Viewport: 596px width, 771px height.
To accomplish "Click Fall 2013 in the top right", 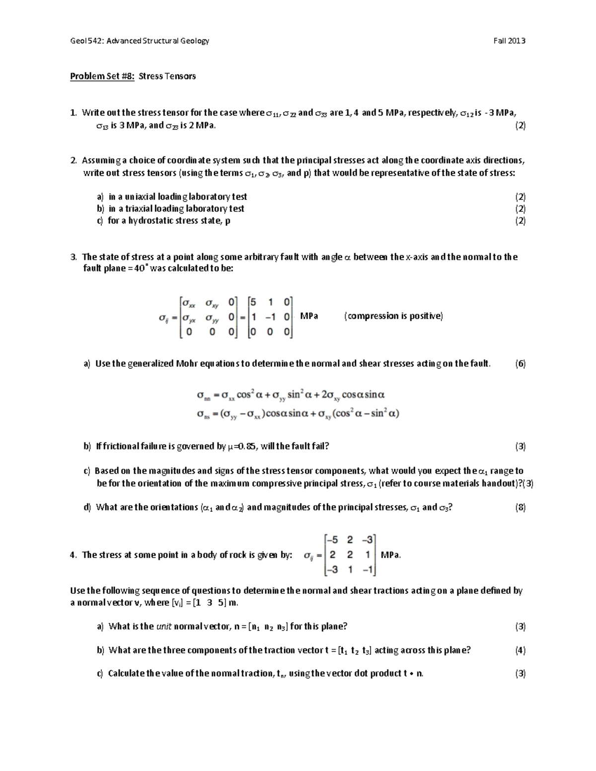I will coord(509,41).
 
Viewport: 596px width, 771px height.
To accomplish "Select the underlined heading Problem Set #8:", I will coord(102,76).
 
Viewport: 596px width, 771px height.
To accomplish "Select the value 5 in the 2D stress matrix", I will coord(253,302).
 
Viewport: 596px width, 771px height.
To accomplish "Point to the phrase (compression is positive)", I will coord(393,316).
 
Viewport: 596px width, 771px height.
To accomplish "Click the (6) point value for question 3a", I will coord(520,363).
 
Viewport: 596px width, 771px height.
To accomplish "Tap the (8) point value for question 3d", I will coord(520,507).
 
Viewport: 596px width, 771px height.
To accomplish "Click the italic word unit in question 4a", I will coord(164,626).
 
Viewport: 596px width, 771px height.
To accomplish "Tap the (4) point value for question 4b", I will coord(520,650).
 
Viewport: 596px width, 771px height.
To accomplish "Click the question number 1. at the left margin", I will coord(74,113).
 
